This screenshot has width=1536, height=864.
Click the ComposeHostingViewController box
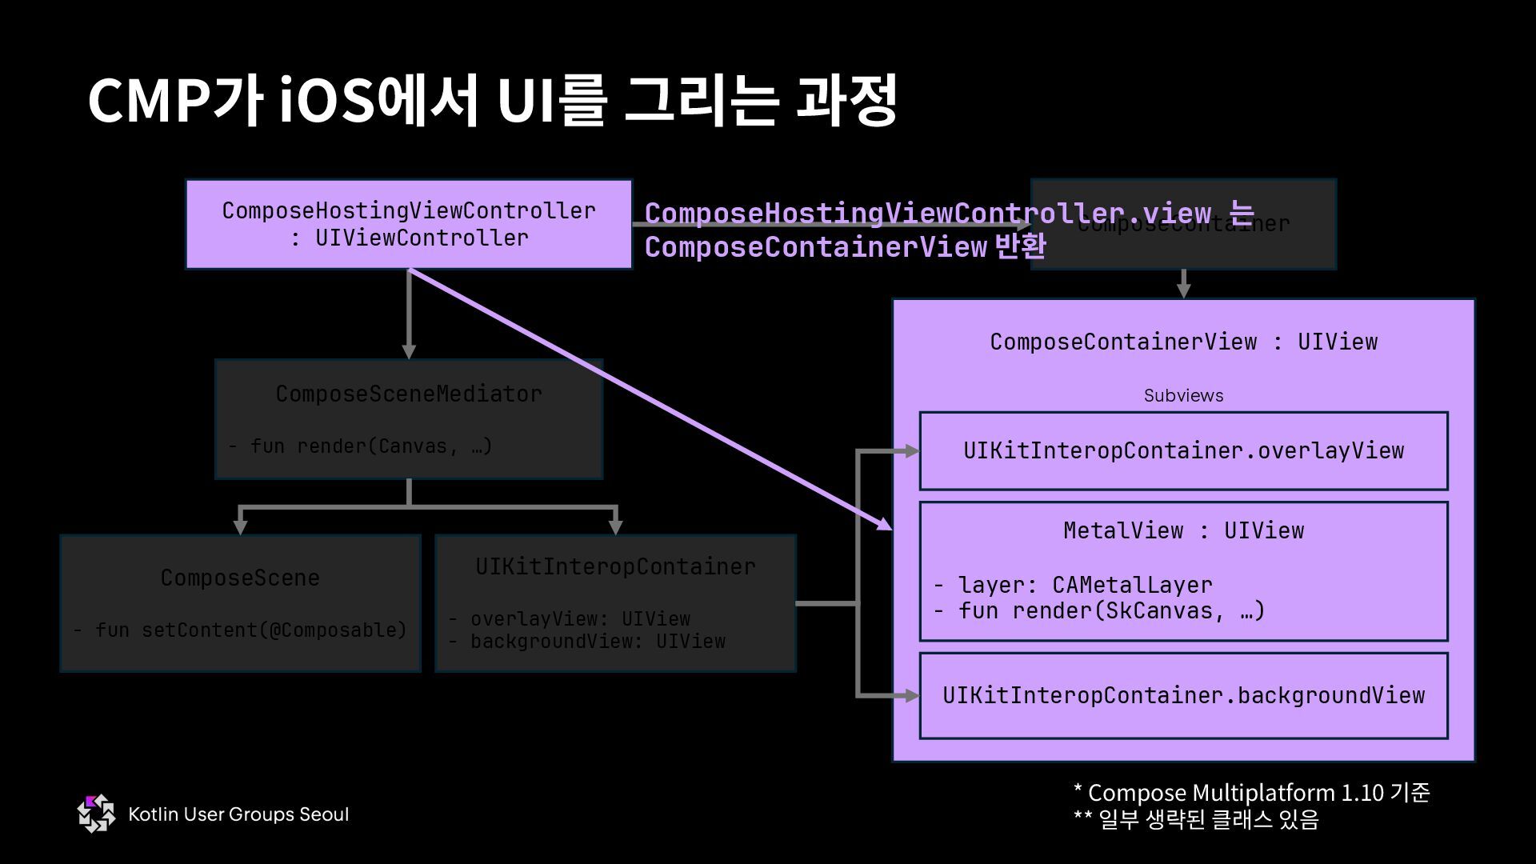click(408, 224)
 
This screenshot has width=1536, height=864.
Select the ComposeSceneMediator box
click(408, 418)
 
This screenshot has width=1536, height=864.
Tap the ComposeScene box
click(240, 602)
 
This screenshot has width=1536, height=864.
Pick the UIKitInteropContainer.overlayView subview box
click(1183, 450)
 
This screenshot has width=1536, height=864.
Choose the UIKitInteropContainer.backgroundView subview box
click(1183, 695)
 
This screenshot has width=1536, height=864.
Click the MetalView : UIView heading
click(1183, 530)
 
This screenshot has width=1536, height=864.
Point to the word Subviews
click(1183, 395)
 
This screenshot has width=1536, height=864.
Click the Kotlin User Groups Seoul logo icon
click(96, 814)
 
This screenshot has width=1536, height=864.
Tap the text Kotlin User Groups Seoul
click(238, 814)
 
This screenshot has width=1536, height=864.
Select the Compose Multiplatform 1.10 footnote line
click(1250, 793)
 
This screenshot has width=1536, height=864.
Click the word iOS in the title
click(328, 101)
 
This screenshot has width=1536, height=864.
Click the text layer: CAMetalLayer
click(1085, 585)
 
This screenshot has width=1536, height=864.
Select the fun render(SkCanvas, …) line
click(1111, 611)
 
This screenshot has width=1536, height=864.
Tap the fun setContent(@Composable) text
click(250, 630)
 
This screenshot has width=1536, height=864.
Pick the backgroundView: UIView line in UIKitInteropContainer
click(598, 642)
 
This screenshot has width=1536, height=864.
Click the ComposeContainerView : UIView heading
click(1183, 342)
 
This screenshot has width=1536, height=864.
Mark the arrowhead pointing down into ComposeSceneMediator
click(409, 352)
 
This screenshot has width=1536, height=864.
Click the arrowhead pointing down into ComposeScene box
click(240, 527)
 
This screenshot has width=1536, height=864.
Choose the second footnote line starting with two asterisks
click(1195, 820)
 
